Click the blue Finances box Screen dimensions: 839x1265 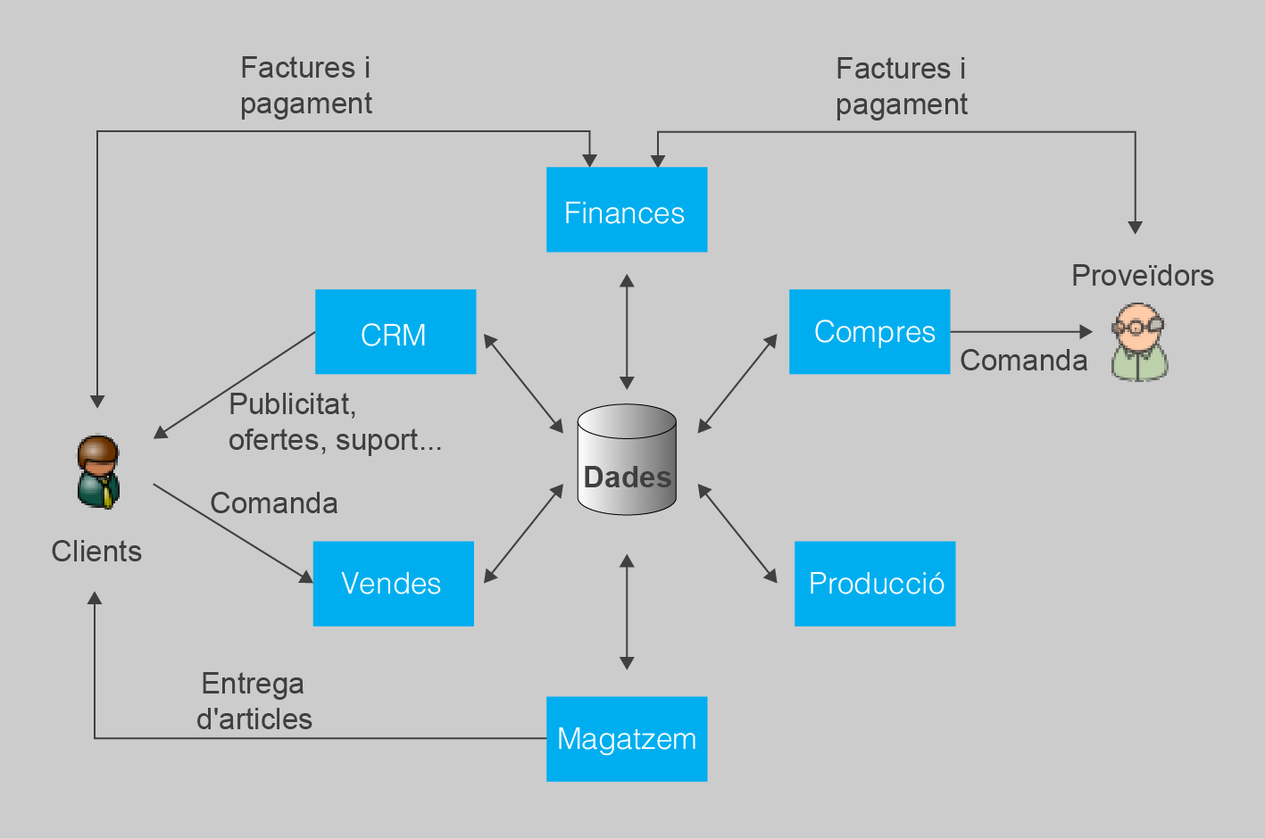(x=627, y=210)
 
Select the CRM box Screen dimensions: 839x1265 (x=395, y=331)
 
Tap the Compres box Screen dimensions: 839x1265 (x=870, y=331)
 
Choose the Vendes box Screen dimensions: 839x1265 (x=393, y=584)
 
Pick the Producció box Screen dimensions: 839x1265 (x=875, y=584)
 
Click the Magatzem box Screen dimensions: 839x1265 (x=627, y=739)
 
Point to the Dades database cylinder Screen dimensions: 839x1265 (x=627, y=460)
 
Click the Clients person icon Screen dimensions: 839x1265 (x=98, y=471)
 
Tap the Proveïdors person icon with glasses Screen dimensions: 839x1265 (x=1139, y=342)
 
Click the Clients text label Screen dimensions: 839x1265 (x=96, y=552)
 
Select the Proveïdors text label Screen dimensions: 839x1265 (x=1142, y=276)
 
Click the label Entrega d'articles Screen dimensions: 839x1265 (x=254, y=702)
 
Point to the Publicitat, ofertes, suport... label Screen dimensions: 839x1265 (x=335, y=422)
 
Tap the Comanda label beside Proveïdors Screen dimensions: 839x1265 (x=1023, y=361)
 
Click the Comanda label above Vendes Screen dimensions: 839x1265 (x=274, y=503)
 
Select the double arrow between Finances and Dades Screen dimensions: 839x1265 (x=627, y=332)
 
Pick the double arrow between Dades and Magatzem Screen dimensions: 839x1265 (x=627, y=611)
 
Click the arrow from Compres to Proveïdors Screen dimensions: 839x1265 (x=1021, y=332)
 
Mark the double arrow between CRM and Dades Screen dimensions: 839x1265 (x=523, y=384)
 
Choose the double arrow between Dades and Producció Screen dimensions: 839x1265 (x=737, y=534)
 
